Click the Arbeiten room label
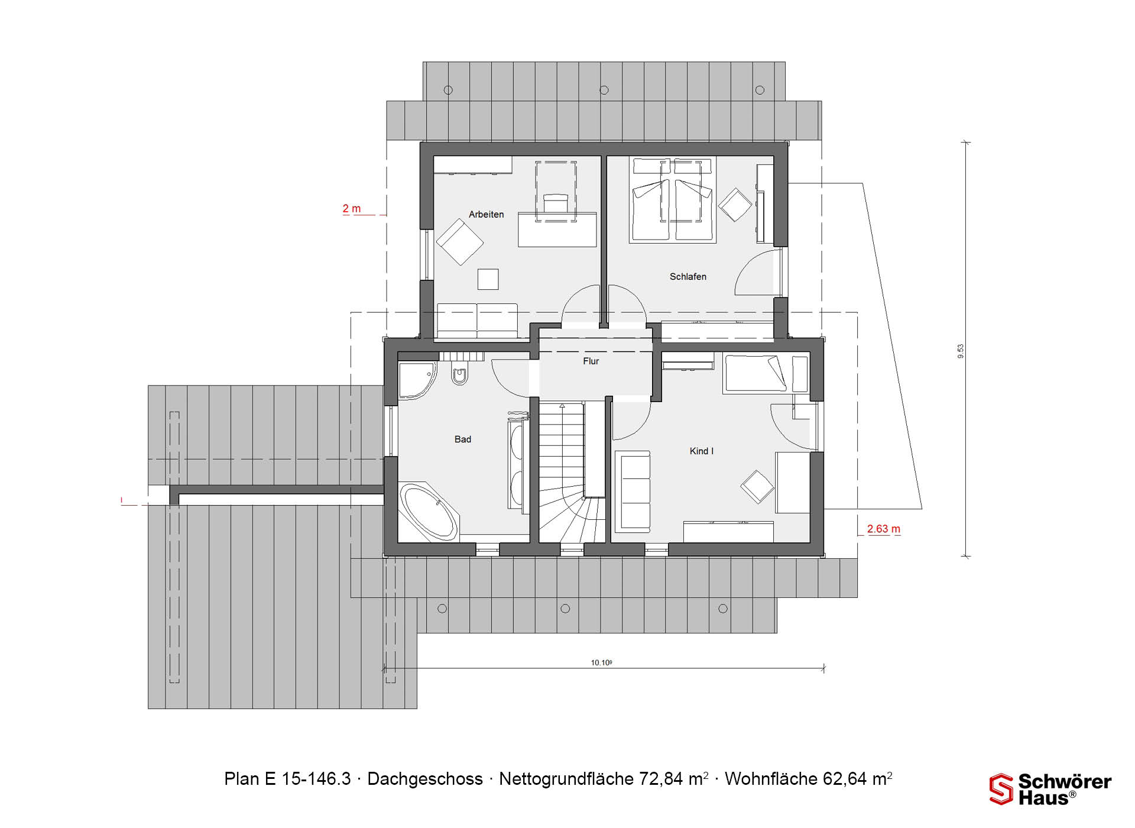click(x=486, y=214)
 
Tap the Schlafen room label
click(x=688, y=276)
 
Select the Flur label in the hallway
click(x=591, y=361)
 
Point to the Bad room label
click(x=462, y=439)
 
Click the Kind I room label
click(x=701, y=451)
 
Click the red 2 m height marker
click(x=351, y=209)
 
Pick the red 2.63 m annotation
click(x=883, y=529)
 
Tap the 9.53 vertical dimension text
click(x=961, y=351)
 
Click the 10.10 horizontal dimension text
click(x=601, y=662)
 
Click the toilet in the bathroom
click(x=459, y=374)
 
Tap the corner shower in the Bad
click(x=417, y=380)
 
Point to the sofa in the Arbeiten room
click(x=476, y=321)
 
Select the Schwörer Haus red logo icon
click(x=1001, y=789)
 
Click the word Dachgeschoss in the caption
click(x=425, y=779)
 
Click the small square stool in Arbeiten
click(x=488, y=279)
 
